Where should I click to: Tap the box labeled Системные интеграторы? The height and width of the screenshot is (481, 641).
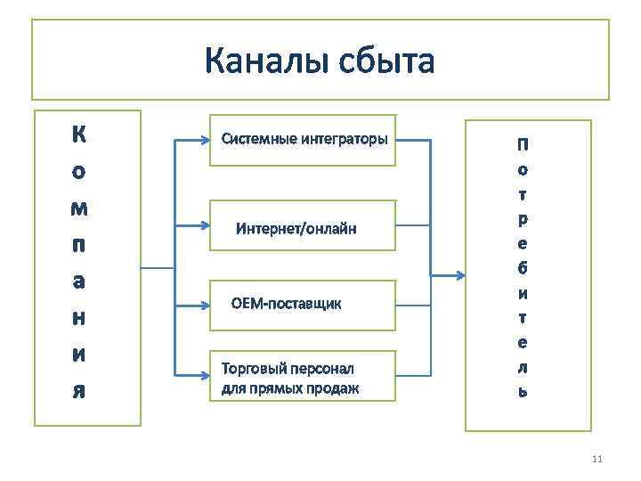pos(303,140)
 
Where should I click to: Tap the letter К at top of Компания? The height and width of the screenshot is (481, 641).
pos(79,135)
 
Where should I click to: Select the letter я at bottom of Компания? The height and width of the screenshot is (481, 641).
pos(79,392)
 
